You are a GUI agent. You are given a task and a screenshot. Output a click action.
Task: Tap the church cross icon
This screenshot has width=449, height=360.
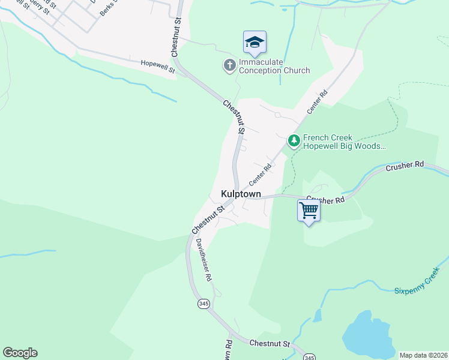(229, 65)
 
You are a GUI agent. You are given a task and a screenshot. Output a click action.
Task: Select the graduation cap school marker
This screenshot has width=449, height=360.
(255, 42)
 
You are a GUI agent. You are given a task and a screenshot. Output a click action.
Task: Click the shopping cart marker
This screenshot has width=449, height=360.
(309, 211)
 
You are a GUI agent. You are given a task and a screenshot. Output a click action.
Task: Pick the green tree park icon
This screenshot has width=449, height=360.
(294, 141)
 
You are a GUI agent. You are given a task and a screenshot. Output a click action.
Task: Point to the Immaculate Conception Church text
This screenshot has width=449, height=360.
(274, 66)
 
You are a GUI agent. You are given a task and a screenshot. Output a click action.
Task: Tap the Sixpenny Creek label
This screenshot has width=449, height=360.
(417, 285)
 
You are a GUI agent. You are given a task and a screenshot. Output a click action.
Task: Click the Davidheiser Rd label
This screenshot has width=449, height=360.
(204, 260)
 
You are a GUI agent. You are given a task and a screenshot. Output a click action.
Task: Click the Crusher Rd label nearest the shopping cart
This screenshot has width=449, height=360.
(326, 199)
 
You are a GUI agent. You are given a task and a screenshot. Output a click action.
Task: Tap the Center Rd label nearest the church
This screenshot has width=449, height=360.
(318, 102)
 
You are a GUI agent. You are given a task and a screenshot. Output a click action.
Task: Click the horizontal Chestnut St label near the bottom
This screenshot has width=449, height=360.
(270, 344)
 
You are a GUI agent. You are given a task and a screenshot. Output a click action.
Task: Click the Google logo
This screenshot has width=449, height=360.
(20, 353)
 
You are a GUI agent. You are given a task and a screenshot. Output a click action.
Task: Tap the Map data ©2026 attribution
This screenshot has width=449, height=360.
(423, 355)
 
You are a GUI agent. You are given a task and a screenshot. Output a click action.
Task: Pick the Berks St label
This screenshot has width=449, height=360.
(109, 8)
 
